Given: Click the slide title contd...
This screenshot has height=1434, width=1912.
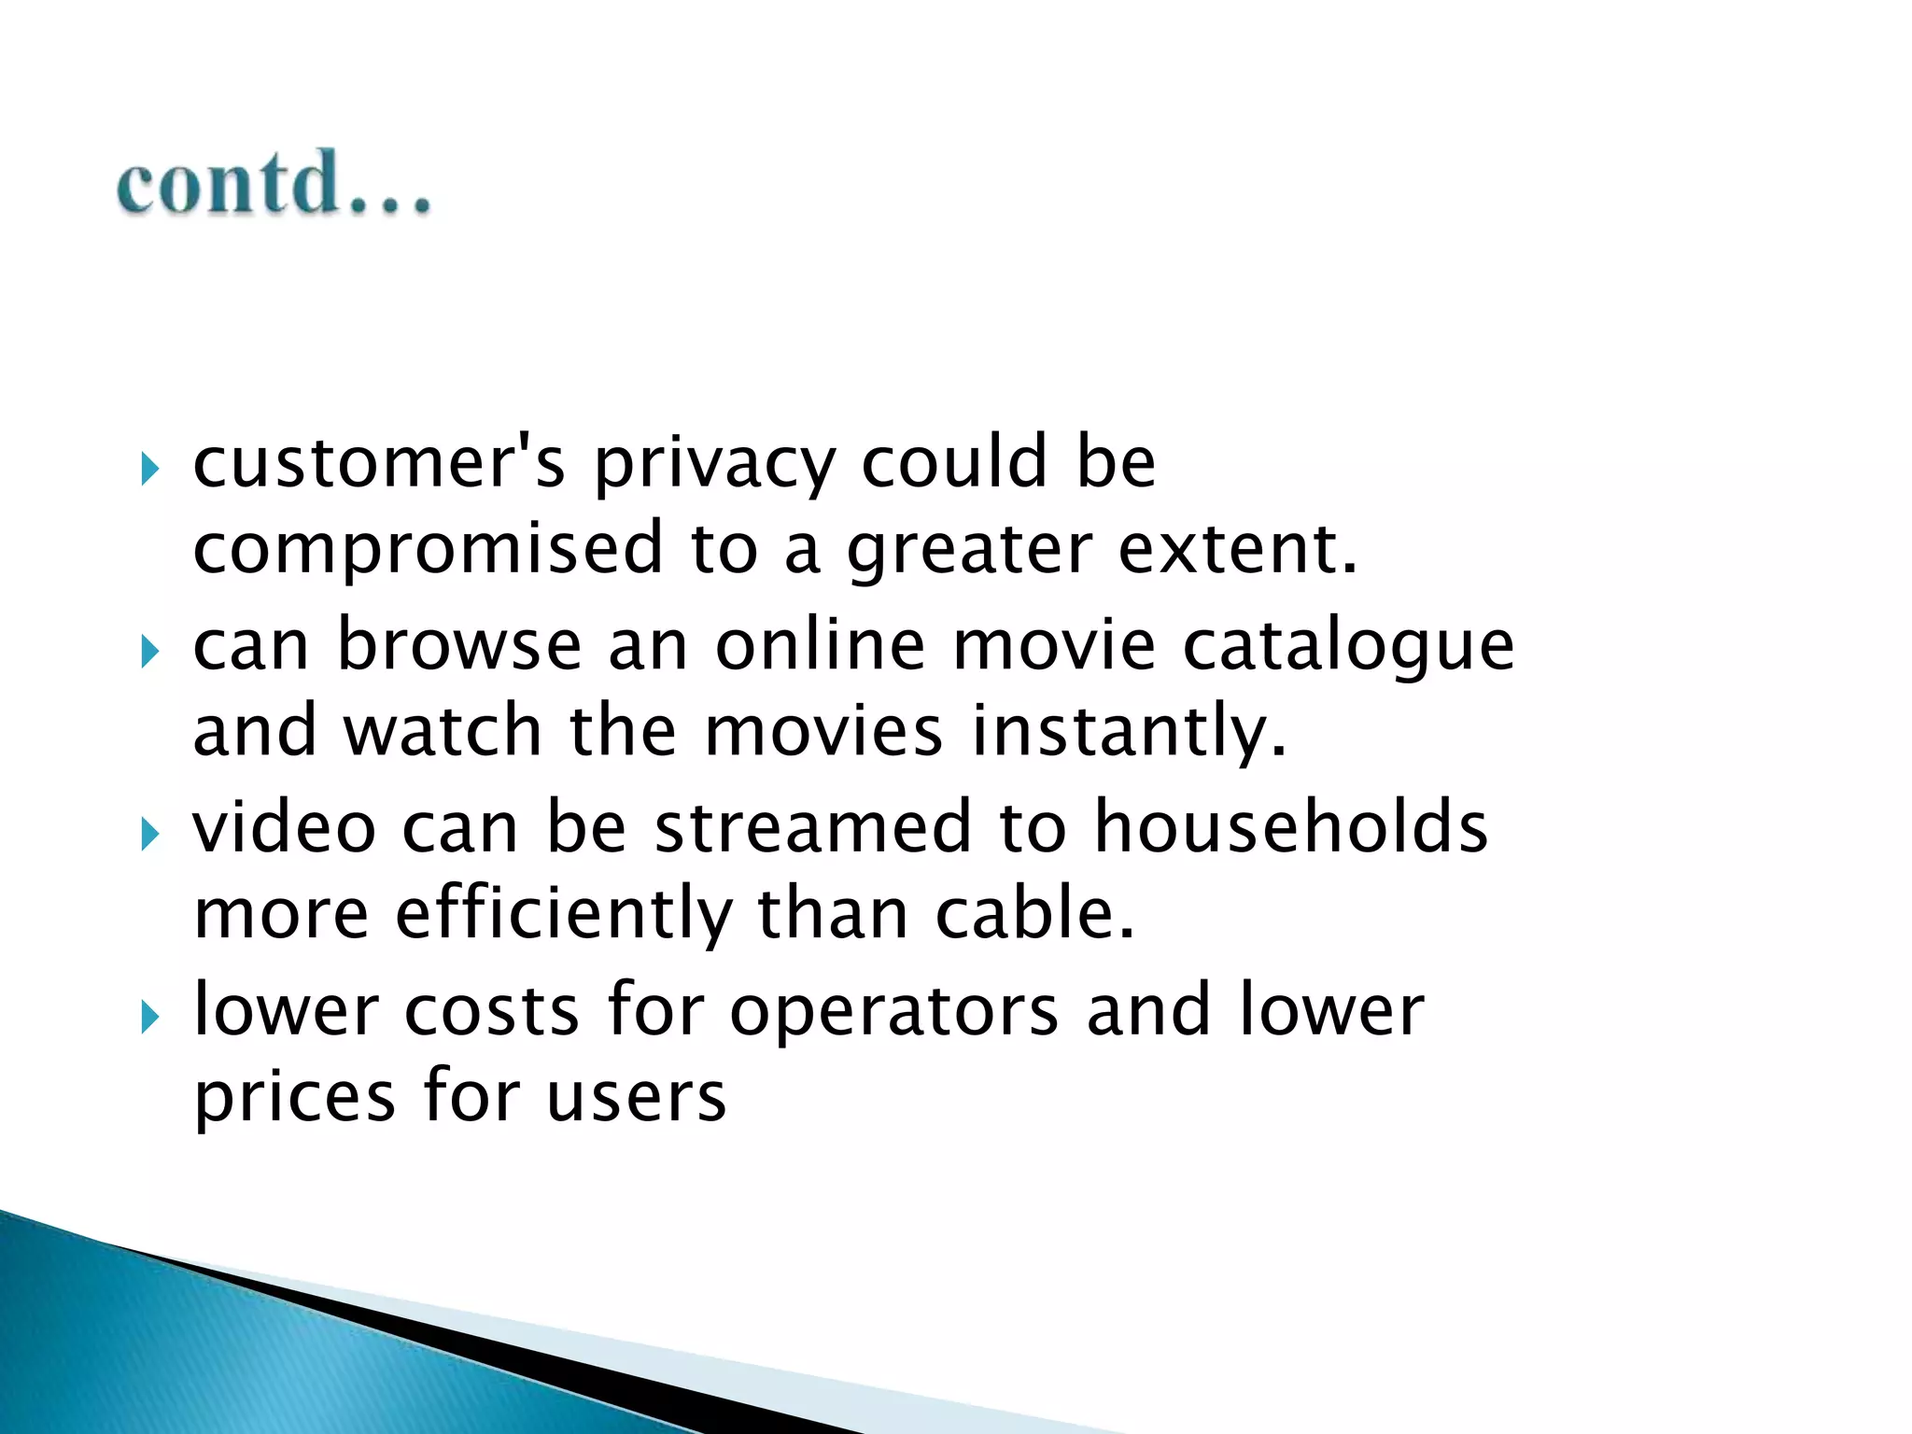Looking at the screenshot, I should point(273,184).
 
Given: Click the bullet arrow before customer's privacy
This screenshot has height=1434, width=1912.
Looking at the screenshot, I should point(149,469).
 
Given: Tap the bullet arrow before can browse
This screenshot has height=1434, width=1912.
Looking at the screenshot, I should point(149,652).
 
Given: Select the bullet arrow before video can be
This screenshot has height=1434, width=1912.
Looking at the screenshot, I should point(149,834).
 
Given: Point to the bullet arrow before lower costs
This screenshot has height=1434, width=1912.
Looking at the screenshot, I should point(149,1017).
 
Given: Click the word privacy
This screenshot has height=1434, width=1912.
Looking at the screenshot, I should point(714,464).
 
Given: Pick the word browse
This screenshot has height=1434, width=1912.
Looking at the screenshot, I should point(459,645).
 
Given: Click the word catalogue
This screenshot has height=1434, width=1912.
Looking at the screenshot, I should point(1348,647).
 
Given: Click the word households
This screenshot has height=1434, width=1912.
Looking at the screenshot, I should point(1291,828).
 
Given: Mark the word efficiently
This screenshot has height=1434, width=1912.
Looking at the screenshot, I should point(564,915).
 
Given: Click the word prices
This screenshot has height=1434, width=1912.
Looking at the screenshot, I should point(294,1098).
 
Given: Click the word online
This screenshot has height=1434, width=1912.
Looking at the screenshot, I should point(820,645).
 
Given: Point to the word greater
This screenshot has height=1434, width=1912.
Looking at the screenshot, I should point(969,551).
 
